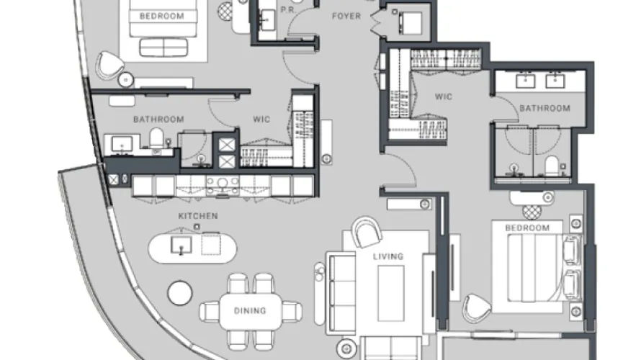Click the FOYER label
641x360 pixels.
click(x=346, y=17)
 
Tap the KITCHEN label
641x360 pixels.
click(x=198, y=216)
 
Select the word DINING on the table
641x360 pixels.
click(x=250, y=311)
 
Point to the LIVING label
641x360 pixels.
click(x=388, y=256)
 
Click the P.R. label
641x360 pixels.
click(x=288, y=10)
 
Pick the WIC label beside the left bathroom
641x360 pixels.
click(x=261, y=120)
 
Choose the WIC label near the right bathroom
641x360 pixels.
click(x=444, y=97)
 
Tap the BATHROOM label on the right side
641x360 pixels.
click(x=545, y=108)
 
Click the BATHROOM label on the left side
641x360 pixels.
click(x=158, y=120)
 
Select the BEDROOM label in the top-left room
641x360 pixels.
click(x=162, y=17)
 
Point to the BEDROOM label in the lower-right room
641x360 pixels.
click(x=527, y=228)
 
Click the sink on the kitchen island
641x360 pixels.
click(x=181, y=246)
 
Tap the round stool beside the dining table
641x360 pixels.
click(x=180, y=292)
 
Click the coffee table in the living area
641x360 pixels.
click(x=391, y=293)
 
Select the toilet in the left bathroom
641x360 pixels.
click(x=156, y=138)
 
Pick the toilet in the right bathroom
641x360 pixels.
click(x=552, y=165)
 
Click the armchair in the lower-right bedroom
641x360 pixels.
click(x=477, y=308)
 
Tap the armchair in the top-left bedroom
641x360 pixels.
click(x=109, y=65)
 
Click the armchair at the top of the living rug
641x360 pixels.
click(x=367, y=232)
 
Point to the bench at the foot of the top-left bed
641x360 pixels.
click(x=164, y=47)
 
